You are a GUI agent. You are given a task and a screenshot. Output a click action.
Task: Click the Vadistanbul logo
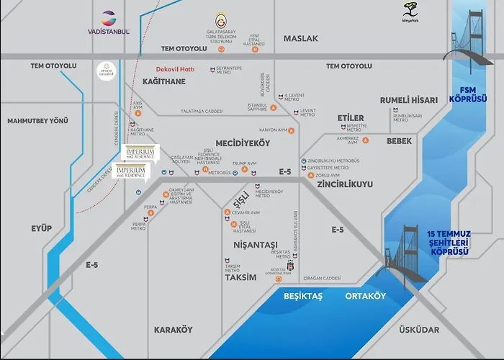click(108, 22)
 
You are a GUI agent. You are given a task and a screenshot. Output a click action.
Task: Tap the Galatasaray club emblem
click(221, 20)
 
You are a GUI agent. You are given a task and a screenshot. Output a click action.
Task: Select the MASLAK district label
click(300, 38)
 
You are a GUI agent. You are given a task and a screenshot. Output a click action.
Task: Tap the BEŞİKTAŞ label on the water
click(305, 296)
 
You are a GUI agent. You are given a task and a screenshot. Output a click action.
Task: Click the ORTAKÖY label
click(366, 296)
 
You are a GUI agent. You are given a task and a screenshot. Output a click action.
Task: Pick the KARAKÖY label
click(174, 330)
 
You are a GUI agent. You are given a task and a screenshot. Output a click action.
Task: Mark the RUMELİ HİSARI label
click(409, 100)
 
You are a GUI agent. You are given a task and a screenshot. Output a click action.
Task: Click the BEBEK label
click(399, 141)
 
